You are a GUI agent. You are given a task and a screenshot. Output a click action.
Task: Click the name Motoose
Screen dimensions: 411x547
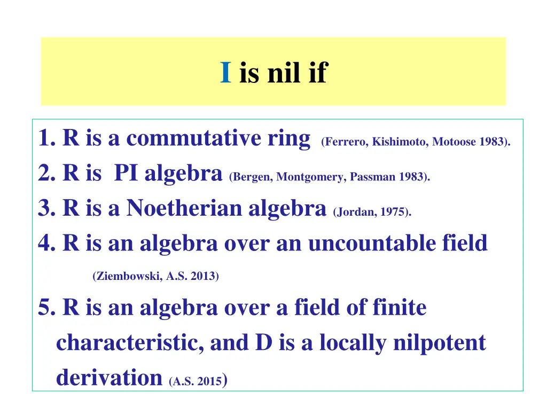(451, 142)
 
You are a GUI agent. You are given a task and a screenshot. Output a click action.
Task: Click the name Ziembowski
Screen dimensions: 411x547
(125, 277)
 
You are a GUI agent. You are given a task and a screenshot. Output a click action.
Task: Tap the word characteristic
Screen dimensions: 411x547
(129, 342)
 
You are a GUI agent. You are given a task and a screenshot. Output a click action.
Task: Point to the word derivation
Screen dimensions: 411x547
(109, 377)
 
